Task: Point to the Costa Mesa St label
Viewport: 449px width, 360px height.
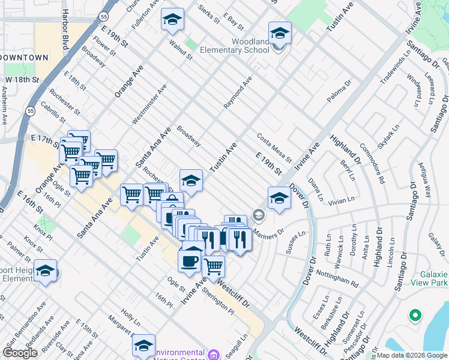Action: click(274, 148)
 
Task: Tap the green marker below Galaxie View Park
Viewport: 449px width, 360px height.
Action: click(415, 314)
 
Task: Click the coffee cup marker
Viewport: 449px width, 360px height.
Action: click(190, 262)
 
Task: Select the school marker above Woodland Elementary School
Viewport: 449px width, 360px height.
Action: click(280, 33)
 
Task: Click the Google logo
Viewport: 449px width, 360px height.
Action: click(20, 353)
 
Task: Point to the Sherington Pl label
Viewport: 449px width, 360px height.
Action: click(217, 299)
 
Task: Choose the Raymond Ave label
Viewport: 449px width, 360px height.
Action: click(238, 97)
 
